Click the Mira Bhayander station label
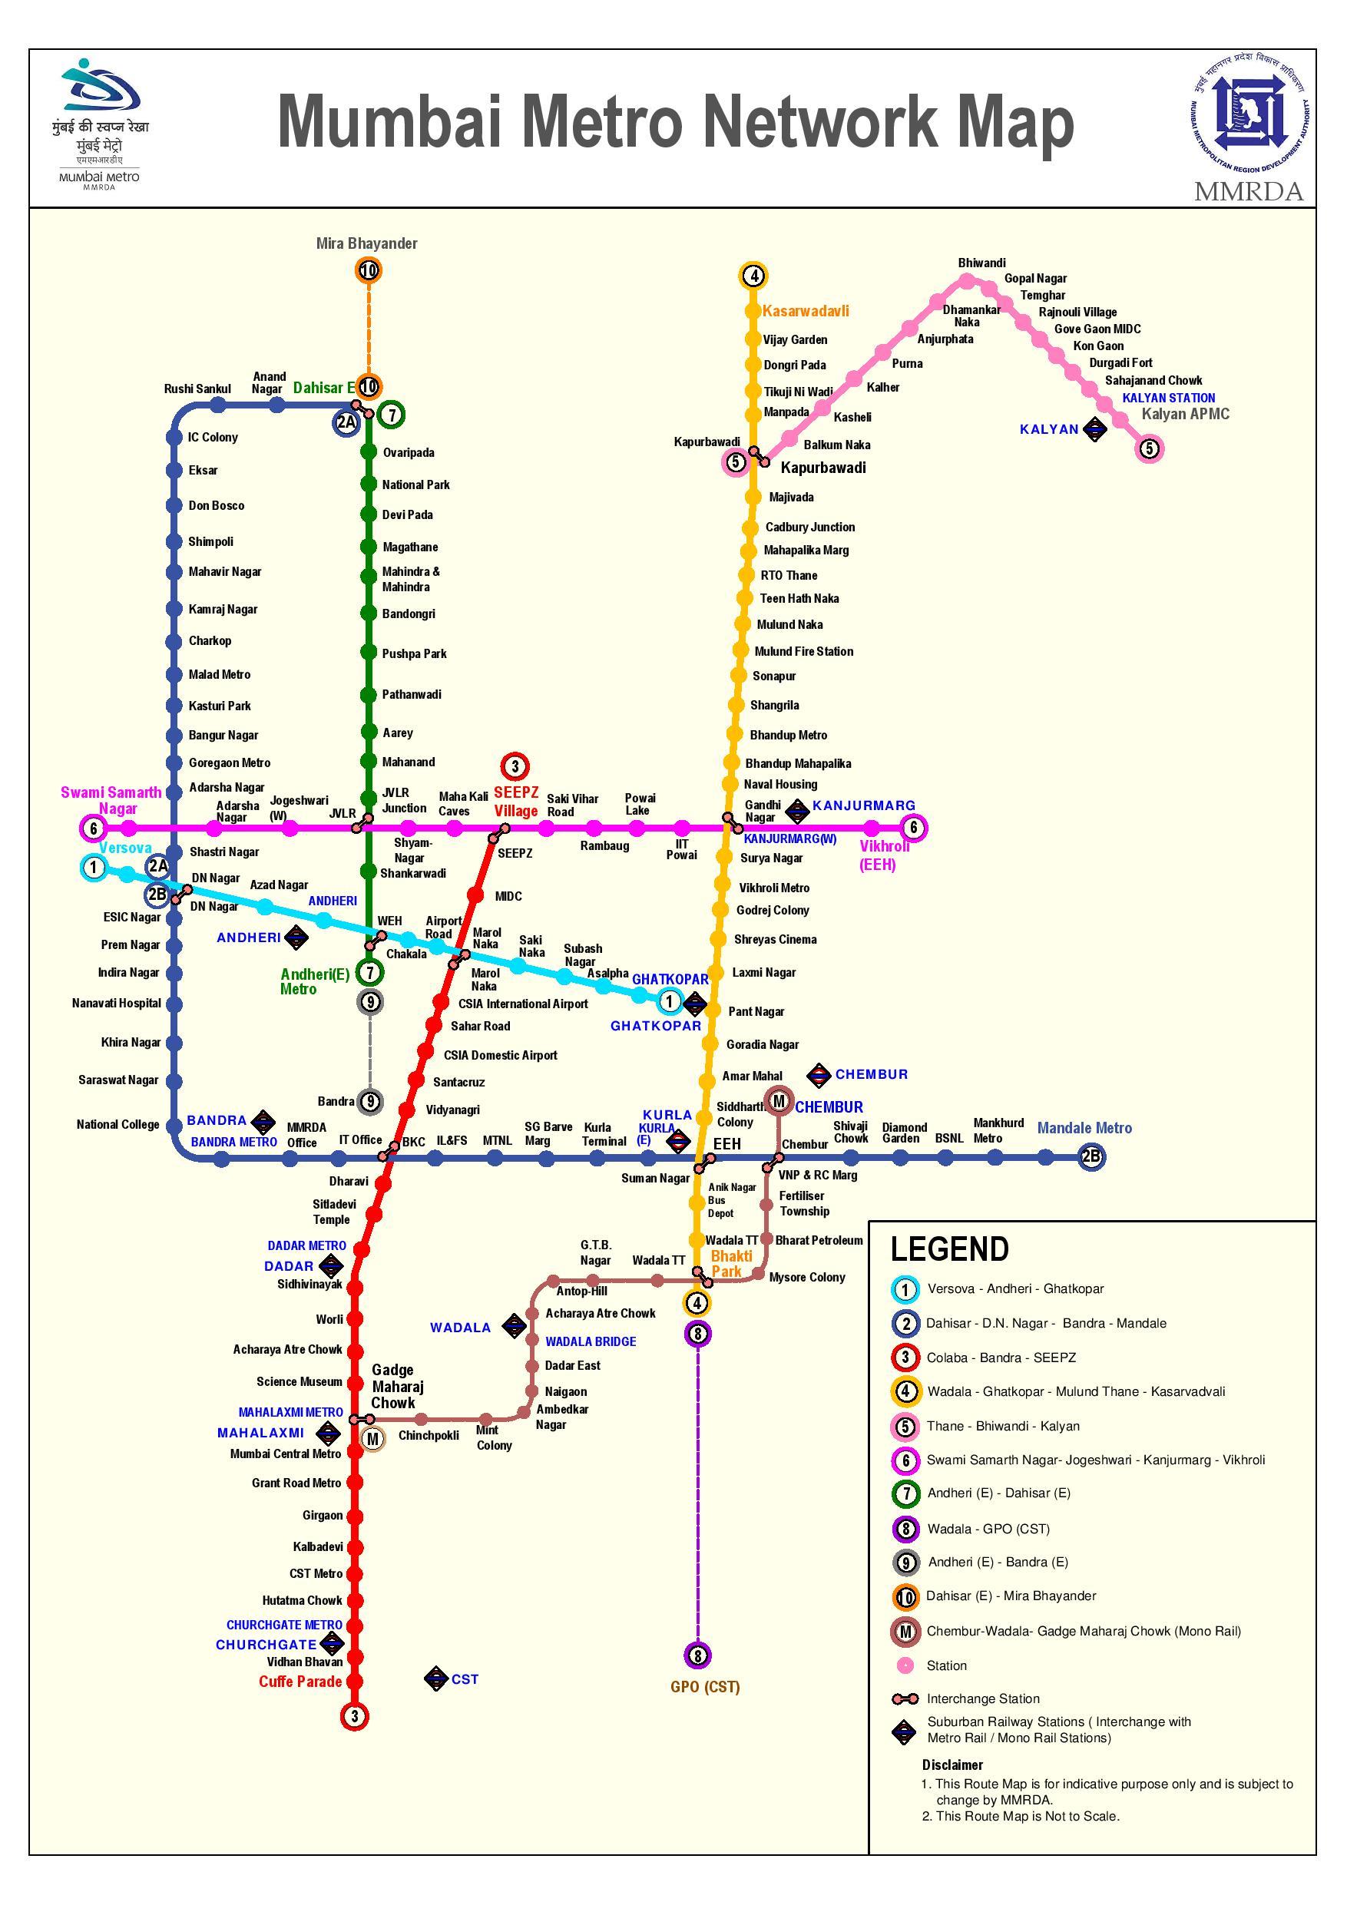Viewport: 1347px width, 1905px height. point(367,243)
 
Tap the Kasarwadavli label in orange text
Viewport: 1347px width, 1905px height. point(805,311)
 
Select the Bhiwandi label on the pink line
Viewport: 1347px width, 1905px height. point(981,263)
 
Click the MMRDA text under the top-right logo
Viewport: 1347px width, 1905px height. point(1249,192)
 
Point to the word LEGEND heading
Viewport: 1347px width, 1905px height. point(949,1249)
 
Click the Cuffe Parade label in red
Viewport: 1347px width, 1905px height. point(300,1682)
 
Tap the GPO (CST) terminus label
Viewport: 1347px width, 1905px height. point(705,1687)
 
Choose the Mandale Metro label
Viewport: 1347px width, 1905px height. point(1084,1128)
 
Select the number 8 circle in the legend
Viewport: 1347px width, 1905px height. point(905,1528)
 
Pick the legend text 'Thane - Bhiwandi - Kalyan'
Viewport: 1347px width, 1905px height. point(1004,1427)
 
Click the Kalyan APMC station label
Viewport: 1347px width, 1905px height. point(1185,414)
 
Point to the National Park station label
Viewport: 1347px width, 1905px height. point(415,485)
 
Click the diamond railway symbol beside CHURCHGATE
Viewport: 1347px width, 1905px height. point(332,1644)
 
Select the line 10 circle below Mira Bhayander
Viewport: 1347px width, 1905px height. point(369,270)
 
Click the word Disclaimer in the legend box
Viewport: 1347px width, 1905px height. point(952,1764)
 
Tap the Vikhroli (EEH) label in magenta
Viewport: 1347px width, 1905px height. point(885,855)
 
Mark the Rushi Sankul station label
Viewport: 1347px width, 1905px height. point(197,389)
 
